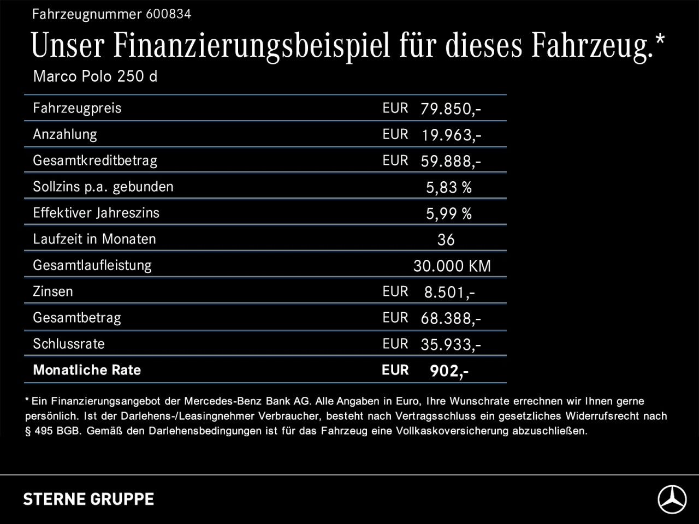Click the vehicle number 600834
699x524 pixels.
click(x=168, y=15)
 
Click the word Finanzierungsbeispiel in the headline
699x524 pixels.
click(x=252, y=45)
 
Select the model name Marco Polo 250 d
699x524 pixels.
click(x=95, y=76)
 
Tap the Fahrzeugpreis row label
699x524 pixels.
click(x=77, y=108)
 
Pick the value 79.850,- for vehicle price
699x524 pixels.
click(x=451, y=109)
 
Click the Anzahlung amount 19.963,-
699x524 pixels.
click(x=451, y=135)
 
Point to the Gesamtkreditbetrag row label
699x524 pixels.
click(x=94, y=160)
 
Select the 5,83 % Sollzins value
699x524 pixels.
click(x=448, y=188)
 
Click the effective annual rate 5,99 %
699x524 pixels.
click(x=448, y=214)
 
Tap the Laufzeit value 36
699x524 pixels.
click(x=446, y=240)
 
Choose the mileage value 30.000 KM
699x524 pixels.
click(x=452, y=266)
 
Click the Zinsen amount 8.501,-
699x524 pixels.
click(x=449, y=293)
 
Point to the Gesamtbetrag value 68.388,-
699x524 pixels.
click(x=451, y=319)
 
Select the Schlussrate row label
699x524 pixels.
click(x=68, y=344)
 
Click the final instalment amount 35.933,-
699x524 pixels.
click(x=451, y=344)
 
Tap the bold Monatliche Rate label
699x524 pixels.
click(x=87, y=370)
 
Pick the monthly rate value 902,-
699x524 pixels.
click(x=449, y=371)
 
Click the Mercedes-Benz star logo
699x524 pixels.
click(x=672, y=499)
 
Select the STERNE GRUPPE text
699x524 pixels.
click(x=88, y=499)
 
